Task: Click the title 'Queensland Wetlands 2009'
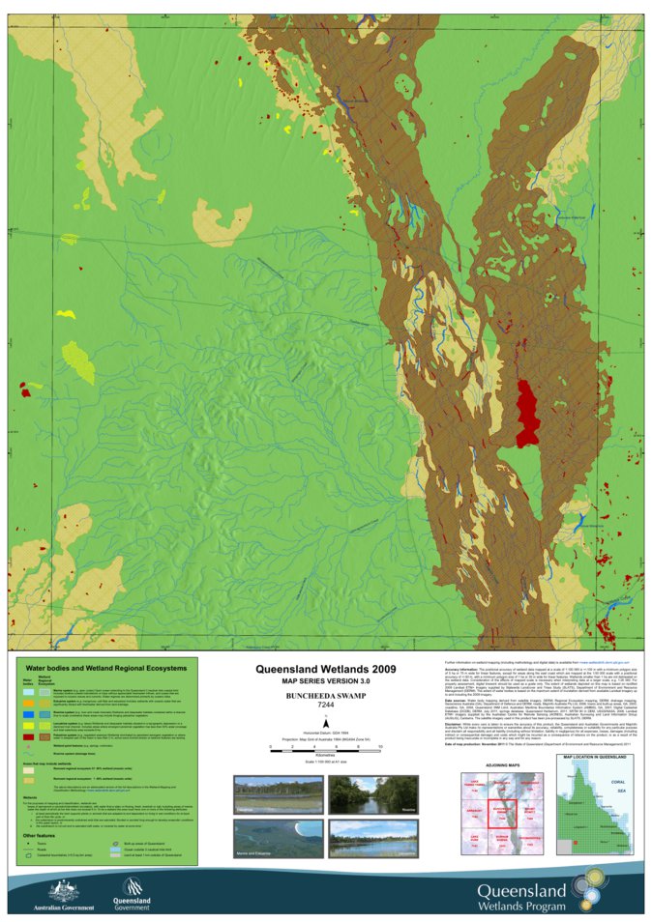325,668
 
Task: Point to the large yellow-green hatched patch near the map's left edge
77,361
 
